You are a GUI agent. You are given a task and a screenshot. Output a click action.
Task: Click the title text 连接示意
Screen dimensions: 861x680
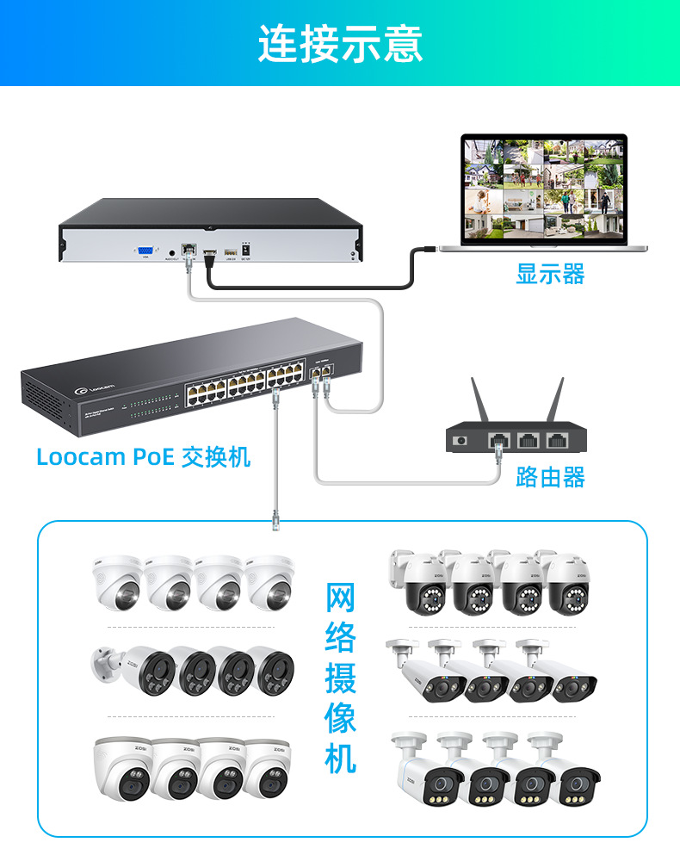coord(340,44)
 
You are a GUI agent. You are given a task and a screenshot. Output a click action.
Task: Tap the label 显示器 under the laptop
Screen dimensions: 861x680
coord(550,275)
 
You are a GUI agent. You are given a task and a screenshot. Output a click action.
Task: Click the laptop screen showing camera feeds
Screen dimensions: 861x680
coord(543,187)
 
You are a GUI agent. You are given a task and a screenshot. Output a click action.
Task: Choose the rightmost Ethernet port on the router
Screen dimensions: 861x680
coord(558,440)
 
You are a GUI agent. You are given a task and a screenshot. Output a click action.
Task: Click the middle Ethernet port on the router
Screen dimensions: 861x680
coord(528,440)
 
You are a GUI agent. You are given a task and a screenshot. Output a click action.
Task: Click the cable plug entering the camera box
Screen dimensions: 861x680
coord(275,517)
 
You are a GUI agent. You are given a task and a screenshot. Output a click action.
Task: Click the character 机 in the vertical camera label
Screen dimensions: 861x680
coord(341,758)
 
